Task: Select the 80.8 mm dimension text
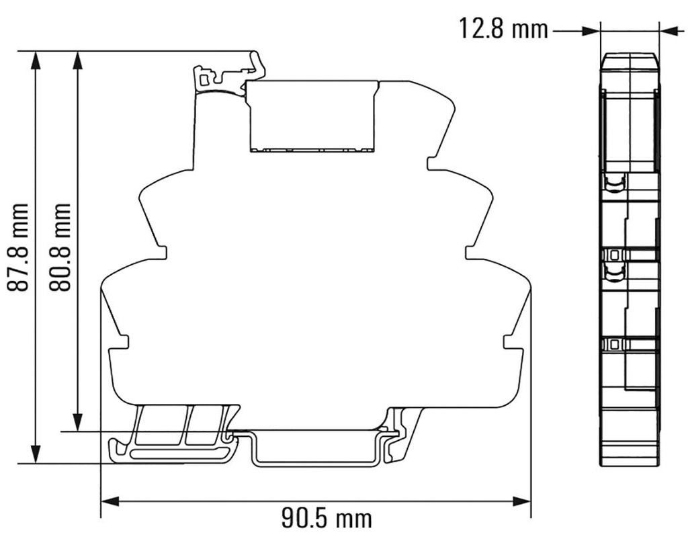62,247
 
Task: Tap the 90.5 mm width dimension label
325,518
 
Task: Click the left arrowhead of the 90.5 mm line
110,501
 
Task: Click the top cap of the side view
629,62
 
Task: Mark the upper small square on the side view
613,255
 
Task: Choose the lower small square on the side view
613,344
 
